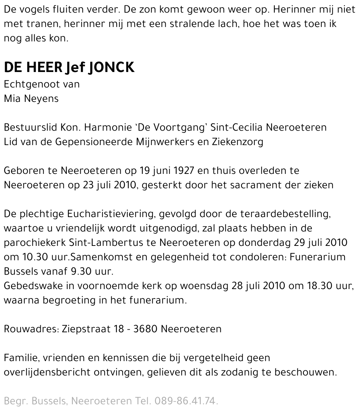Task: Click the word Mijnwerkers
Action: tap(165, 142)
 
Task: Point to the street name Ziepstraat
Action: tap(85, 329)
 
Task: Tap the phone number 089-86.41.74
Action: tap(186, 401)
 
